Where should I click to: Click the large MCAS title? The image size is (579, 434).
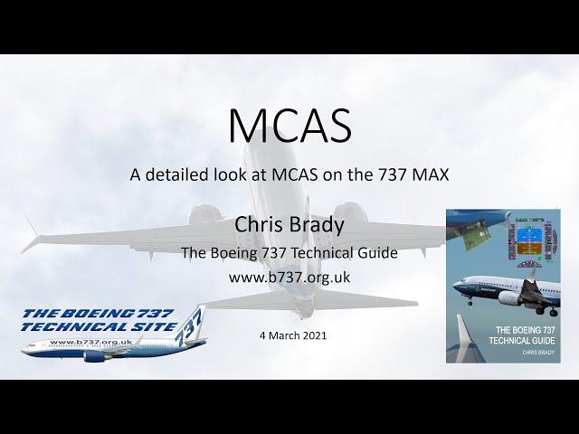click(289, 125)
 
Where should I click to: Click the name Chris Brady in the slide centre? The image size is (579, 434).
click(289, 224)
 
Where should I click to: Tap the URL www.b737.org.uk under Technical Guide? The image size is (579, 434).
click(289, 278)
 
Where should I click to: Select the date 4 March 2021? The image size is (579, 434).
click(293, 335)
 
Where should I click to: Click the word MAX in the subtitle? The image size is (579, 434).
click(431, 175)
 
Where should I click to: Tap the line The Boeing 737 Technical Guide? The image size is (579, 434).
click(289, 253)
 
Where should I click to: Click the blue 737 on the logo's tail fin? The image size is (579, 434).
click(189, 326)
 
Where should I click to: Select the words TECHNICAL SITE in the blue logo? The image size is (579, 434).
click(99, 327)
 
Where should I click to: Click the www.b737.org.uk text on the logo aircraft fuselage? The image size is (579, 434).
click(90, 342)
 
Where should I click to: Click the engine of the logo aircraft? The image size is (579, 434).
click(94, 356)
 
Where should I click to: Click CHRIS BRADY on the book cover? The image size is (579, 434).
click(538, 353)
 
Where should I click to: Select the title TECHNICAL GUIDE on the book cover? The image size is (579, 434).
click(522, 340)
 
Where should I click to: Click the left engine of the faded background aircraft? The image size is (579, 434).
click(206, 214)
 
